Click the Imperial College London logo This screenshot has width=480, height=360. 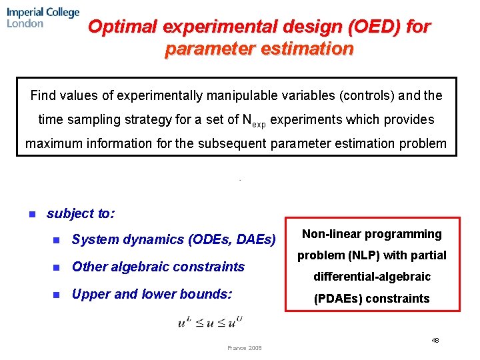click(43, 17)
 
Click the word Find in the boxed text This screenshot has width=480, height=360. click(44, 95)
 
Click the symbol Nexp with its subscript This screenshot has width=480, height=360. click(253, 121)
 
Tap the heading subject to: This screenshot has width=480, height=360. click(80, 213)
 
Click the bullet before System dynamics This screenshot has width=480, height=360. click(57, 240)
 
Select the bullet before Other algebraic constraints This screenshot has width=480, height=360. click(57, 267)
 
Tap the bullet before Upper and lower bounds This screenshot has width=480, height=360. click(57, 294)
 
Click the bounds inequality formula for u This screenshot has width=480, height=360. click(210, 322)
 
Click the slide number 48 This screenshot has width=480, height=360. click(435, 340)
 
